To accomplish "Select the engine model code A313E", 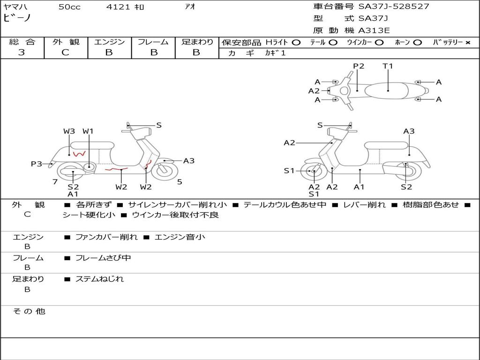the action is (374, 31).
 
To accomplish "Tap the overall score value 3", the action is (22, 52).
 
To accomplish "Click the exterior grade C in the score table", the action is (66, 52).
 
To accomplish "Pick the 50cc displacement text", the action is (69, 7).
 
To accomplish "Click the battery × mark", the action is (467, 43).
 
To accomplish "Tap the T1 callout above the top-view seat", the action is (388, 66).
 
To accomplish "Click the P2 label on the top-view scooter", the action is (359, 66).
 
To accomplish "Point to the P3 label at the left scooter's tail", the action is (37, 164).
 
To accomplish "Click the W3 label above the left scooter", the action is (69, 131).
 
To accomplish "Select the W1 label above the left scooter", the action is (88, 131).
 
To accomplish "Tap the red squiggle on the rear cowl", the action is (78, 154).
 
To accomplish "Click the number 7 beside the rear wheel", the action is (55, 182).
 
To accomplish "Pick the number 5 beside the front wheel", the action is (180, 182).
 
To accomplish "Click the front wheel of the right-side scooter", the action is (314, 172).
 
